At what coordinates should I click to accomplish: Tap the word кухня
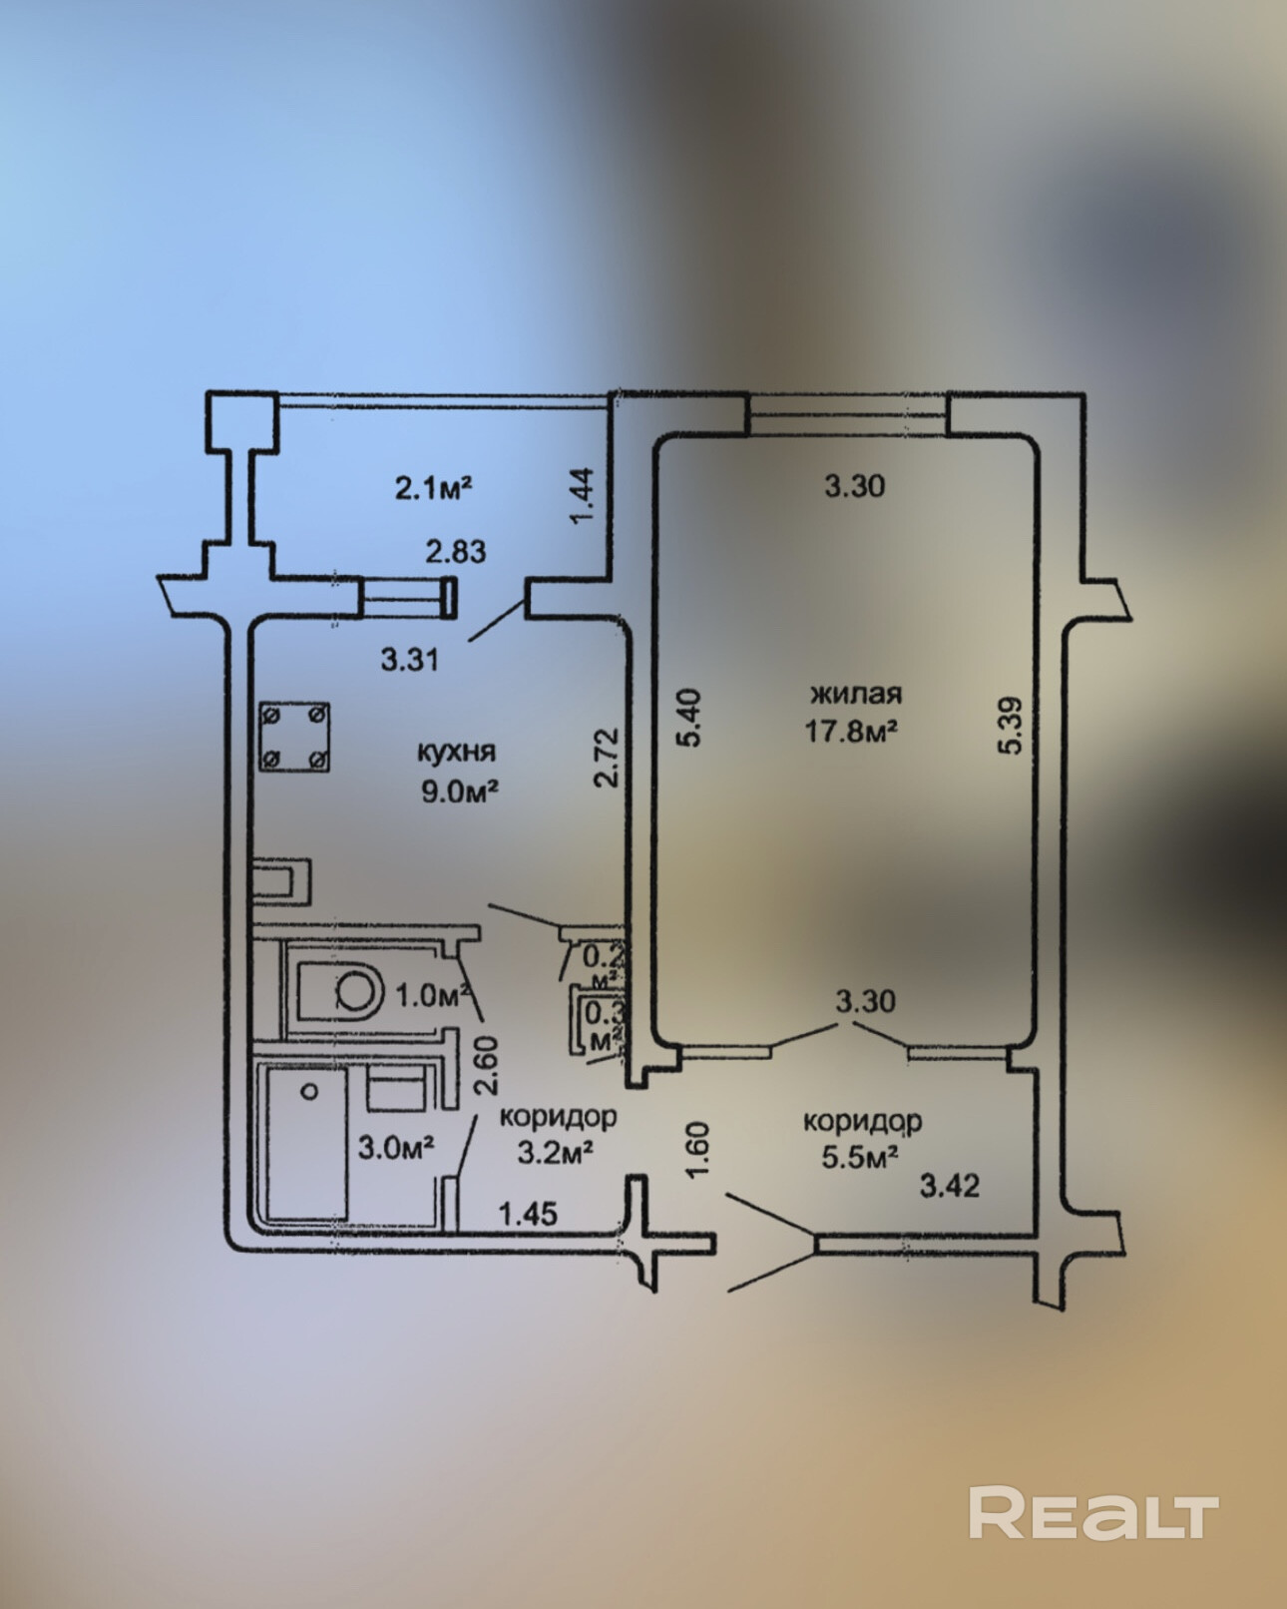tap(456, 750)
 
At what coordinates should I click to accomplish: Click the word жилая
tap(856, 693)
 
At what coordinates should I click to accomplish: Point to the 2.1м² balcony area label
tap(433, 487)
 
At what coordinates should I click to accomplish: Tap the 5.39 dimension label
tap(1011, 725)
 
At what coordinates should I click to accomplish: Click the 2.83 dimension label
tap(455, 551)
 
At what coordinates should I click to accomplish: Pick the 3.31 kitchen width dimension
tap(410, 659)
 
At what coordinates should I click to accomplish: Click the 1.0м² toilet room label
tap(433, 995)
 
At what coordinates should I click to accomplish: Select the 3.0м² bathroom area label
tap(395, 1147)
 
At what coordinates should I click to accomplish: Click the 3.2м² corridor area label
tap(556, 1153)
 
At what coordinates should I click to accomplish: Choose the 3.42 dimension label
tap(949, 1186)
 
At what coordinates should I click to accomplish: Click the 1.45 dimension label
tap(528, 1214)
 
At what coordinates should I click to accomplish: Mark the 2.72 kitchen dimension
tap(608, 758)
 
